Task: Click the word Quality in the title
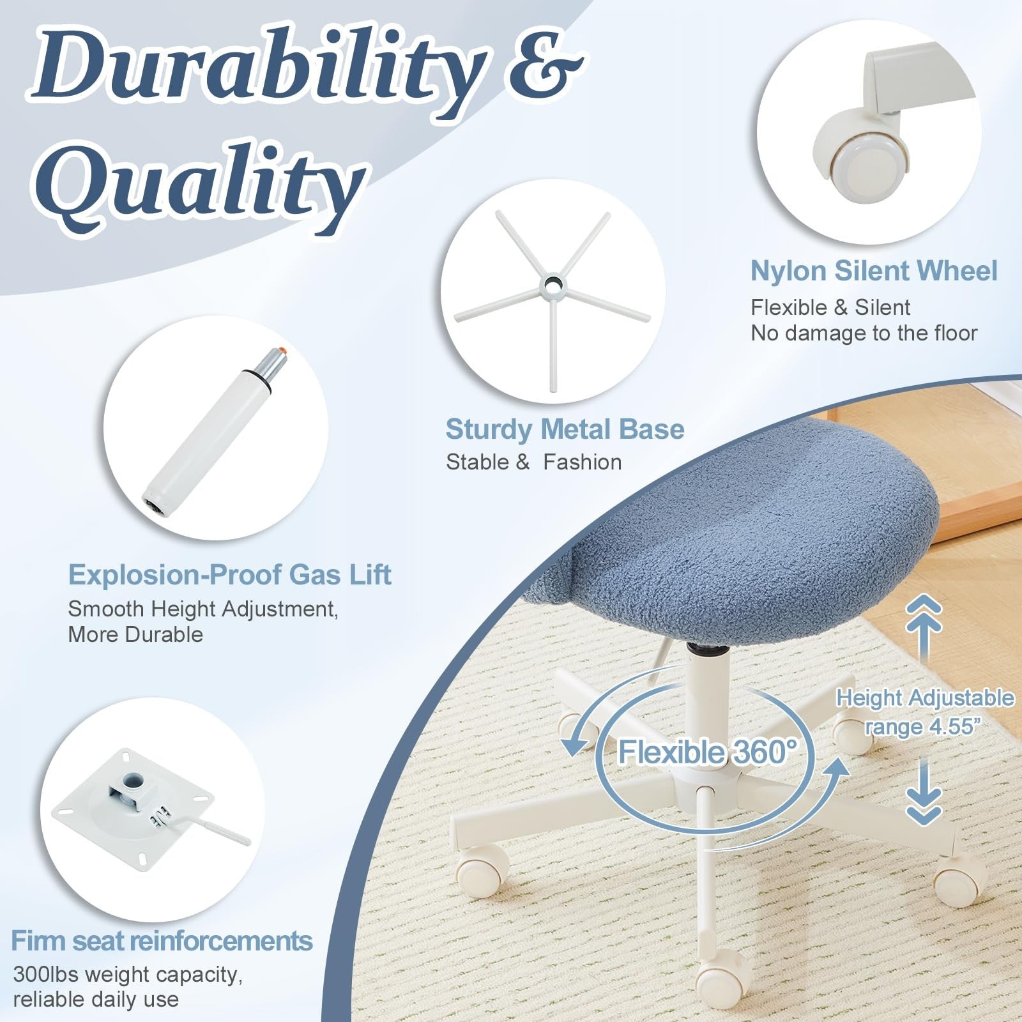(x=204, y=185)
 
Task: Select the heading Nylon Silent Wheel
(x=873, y=271)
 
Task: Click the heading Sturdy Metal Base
(x=565, y=429)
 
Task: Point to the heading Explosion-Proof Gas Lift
(x=229, y=575)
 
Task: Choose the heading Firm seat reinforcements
(x=162, y=941)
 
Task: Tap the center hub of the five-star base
(x=552, y=282)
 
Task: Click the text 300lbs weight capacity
(x=128, y=975)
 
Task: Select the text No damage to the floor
(x=864, y=333)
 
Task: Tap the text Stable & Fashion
(x=533, y=462)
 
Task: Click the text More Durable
(x=135, y=634)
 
